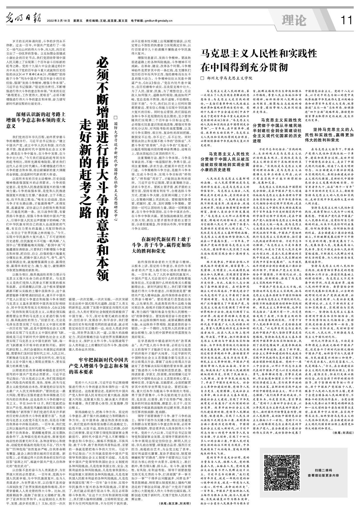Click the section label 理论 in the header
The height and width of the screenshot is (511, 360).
point(294,20)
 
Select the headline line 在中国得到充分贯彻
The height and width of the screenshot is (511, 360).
point(245,68)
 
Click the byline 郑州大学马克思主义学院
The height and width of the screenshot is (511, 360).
point(230,78)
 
